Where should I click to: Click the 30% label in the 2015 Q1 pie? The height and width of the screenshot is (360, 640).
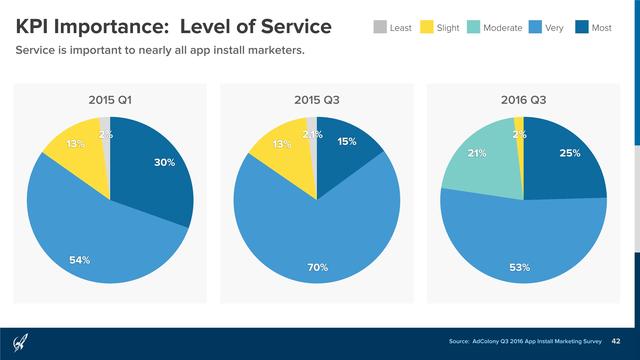165,162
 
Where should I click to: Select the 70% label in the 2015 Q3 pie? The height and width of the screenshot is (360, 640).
318,267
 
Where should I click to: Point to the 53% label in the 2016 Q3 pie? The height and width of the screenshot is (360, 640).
520,267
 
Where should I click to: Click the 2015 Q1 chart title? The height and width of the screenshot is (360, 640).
110,99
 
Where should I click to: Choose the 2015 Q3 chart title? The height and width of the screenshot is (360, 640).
317,99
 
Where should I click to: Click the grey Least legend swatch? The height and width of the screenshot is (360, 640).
379,28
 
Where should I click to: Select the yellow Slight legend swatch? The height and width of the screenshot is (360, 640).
425,28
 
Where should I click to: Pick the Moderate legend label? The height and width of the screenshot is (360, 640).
502,28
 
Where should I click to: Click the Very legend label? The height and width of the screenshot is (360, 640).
556,28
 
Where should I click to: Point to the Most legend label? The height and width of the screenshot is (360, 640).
602,28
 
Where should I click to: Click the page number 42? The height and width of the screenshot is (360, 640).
617,341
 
